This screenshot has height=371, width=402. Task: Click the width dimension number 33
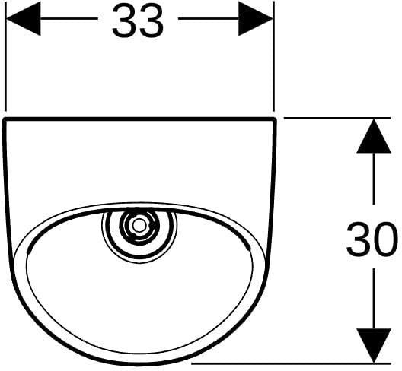[138, 21]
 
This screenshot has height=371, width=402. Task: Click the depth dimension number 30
[372, 239]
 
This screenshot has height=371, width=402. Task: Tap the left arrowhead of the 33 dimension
[23, 18]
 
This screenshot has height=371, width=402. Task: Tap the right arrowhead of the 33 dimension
[256, 18]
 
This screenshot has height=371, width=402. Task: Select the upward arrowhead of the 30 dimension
[374, 136]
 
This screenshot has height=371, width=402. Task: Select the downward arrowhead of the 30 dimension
[374, 346]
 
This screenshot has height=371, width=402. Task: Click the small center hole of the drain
[139, 225]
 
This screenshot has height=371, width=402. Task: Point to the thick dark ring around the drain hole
[139, 225]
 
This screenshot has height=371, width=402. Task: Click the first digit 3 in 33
[124, 21]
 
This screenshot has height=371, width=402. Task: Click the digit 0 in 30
[385, 239]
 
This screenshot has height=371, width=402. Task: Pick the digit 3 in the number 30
[359, 239]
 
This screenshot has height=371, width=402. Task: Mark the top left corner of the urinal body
[4, 119]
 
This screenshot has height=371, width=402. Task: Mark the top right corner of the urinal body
[275, 119]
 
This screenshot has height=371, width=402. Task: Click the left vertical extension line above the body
[5, 56]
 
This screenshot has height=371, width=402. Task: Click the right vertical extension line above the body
[274, 56]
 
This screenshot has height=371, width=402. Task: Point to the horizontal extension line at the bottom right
[292, 363]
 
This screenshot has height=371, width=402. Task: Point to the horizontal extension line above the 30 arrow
[337, 118]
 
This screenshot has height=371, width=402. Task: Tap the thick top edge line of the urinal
[139, 119]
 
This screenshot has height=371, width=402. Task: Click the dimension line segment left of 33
[69, 18]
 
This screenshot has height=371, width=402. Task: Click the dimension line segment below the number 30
[374, 298]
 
